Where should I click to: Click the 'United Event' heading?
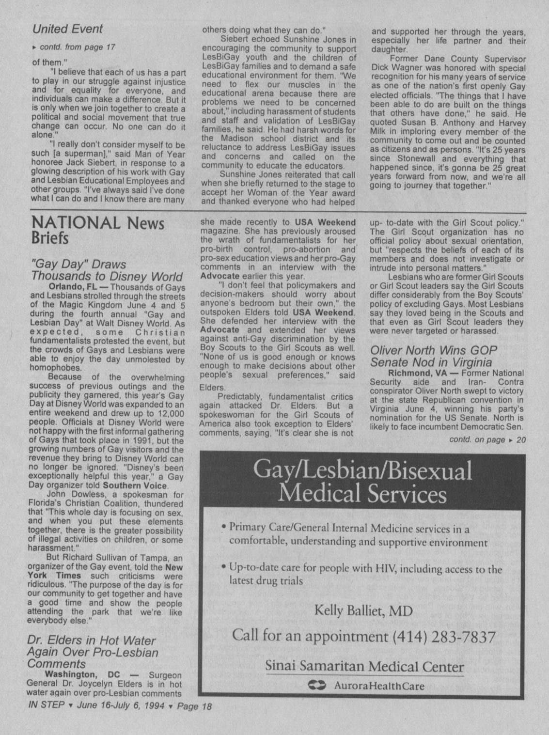[67, 29]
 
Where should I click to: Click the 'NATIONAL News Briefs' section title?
[97, 230]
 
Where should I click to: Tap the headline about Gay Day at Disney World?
[107, 270]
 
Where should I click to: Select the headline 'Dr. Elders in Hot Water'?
[93, 652]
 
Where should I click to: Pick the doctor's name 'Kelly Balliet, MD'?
[363, 610]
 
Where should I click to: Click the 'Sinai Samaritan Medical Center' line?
[364, 667]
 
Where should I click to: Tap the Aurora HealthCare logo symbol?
[318, 686]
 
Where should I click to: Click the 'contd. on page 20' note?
[486, 439]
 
